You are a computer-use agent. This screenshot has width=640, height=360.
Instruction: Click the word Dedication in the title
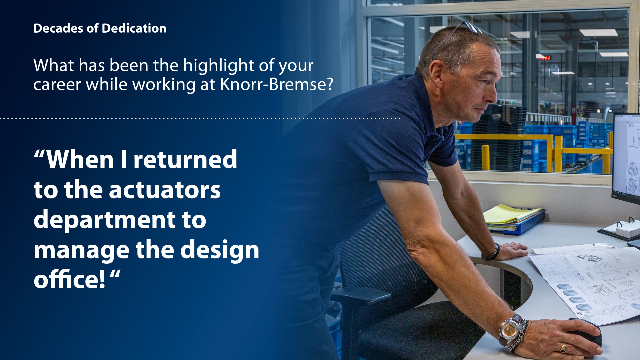pos(134,28)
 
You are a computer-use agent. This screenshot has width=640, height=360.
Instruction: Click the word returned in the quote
pos(185,159)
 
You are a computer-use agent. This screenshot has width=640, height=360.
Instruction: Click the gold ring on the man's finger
pos(563,348)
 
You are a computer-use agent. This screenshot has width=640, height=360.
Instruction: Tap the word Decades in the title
pos(58,28)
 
